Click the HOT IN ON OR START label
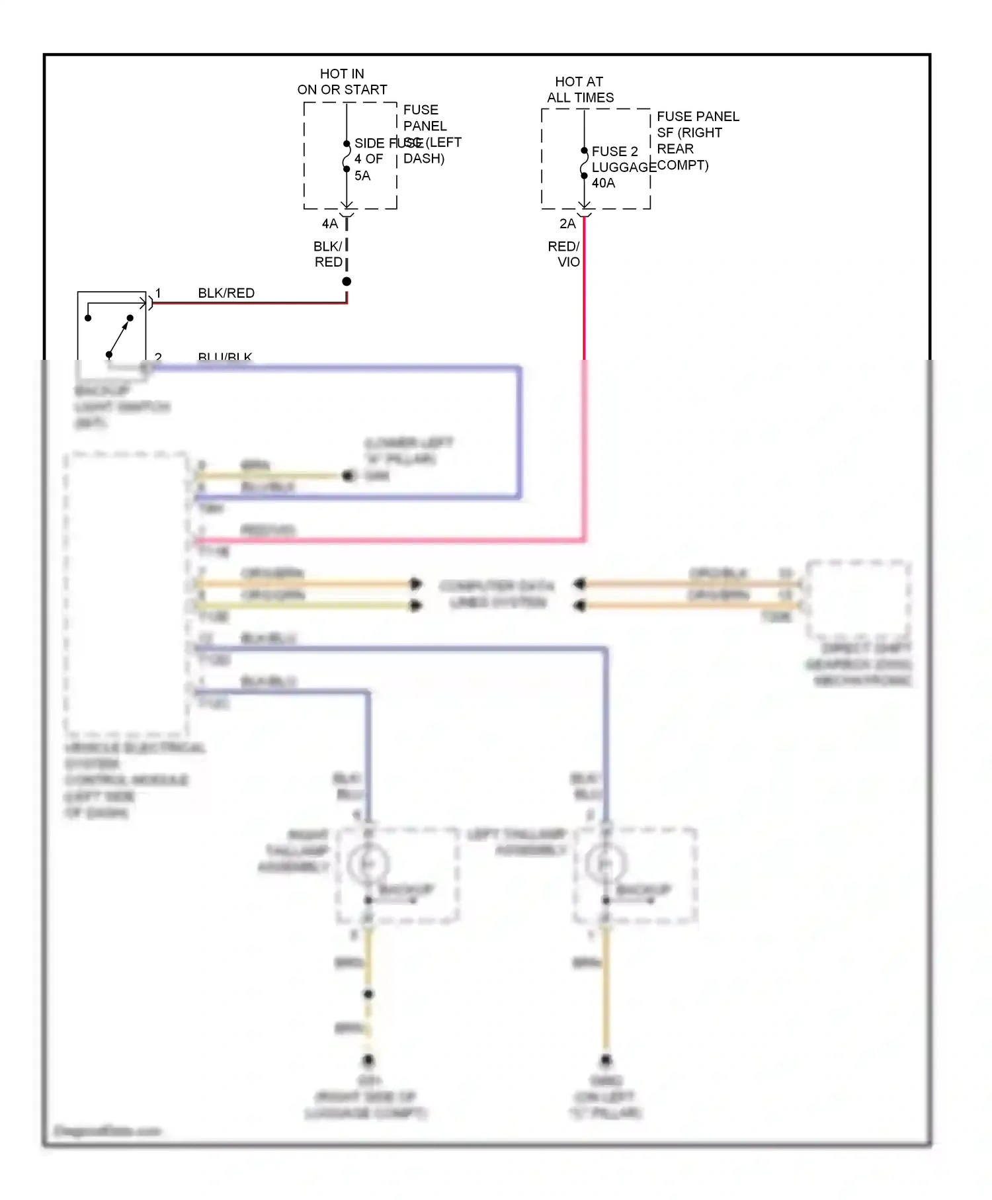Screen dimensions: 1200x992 coord(342,81)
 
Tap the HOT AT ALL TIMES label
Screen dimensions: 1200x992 coord(579,89)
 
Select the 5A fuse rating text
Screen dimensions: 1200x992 coord(362,176)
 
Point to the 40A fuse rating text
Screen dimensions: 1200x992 coord(603,183)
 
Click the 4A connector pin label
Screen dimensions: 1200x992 coord(329,224)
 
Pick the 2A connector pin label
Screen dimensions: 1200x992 coord(567,224)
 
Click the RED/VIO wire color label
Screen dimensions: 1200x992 coord(564,254)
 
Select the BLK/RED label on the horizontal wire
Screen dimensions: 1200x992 coord(226,293)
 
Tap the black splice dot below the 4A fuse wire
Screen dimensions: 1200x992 coord(347,282)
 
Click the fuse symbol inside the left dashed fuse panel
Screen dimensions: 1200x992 coord(347,157)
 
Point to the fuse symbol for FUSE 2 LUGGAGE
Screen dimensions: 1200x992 coord(584,163)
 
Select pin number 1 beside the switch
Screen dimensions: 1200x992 coord(158,292)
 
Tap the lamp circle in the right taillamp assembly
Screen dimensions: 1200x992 coord(368,864)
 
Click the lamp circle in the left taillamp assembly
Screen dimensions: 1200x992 coord(604,864)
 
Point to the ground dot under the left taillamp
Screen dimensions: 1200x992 coord(606,1060)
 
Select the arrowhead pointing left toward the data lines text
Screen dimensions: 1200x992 coord(579,583)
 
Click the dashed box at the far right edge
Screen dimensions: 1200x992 coord(857,599)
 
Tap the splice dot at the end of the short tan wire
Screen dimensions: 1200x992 coord(348,476)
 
